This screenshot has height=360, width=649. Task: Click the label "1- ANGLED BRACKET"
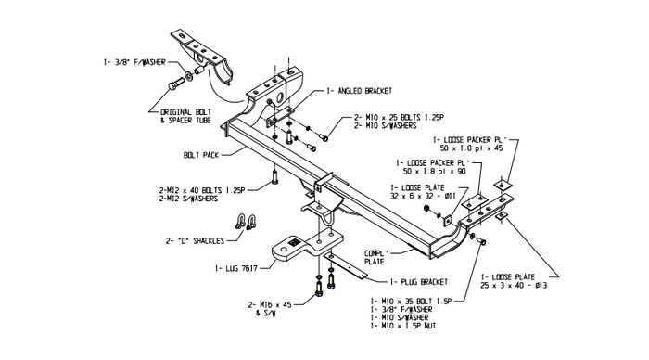(360, 91)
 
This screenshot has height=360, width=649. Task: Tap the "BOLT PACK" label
(201, 155)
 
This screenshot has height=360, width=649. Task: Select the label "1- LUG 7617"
(236, 268)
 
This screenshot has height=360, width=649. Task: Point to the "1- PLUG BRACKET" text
(419, 282)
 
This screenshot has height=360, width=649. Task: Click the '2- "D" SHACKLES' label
(195, 240)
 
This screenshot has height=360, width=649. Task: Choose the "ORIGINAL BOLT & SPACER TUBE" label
(185, 116)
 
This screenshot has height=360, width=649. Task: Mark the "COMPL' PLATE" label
(376, 257)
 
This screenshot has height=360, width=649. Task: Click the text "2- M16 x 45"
(270, 305)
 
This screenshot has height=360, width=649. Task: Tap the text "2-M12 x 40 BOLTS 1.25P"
(202, 190)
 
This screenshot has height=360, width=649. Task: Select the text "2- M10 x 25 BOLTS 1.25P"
(399, 118)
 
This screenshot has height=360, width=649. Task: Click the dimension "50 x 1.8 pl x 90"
(434, 171)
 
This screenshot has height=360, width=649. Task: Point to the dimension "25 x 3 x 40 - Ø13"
(514, 285)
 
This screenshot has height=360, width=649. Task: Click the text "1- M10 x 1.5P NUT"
(403, 326)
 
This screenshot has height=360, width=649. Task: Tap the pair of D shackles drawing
(245, 222)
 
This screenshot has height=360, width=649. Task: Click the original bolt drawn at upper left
(177, 84)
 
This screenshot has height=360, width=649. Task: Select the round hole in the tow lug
(284, 250)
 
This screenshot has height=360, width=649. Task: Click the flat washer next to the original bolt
(189, 76)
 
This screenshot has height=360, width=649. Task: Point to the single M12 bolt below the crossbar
(274, 177)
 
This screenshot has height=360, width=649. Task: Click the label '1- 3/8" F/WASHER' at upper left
(134, 62)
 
